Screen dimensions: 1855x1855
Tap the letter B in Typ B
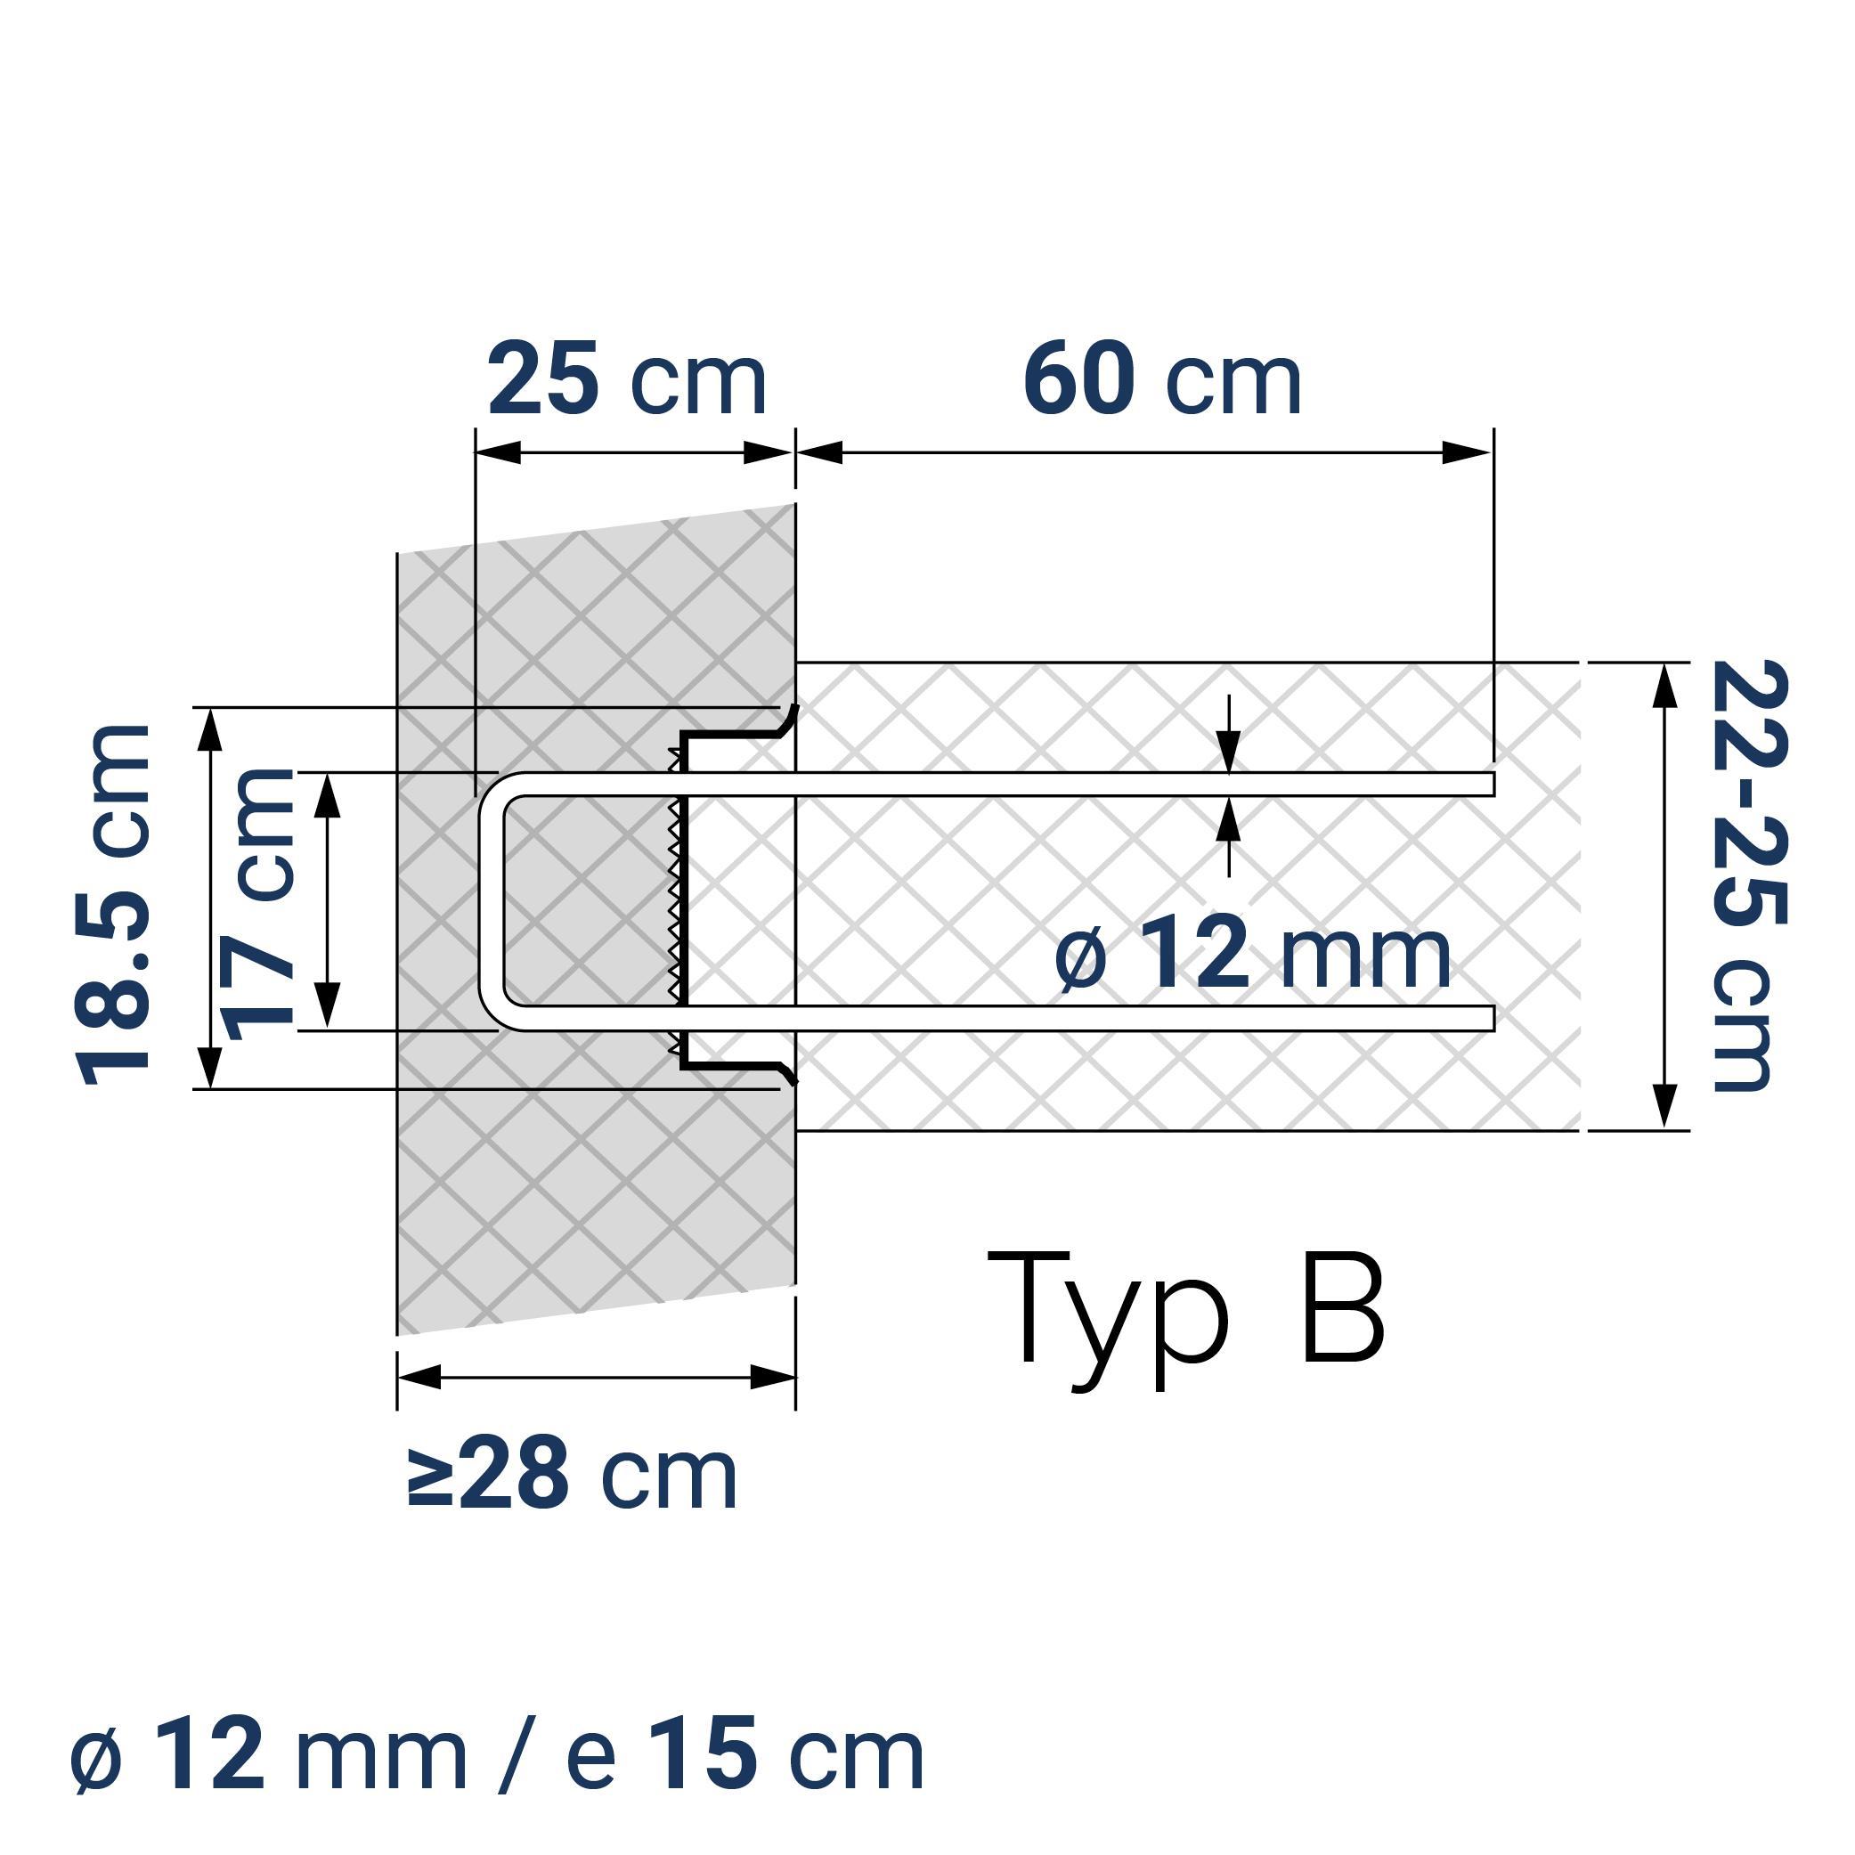(x=1342, y=1307)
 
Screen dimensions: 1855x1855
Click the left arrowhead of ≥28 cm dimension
(x=419, y=1377)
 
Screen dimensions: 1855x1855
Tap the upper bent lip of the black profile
(x=789, y=717)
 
